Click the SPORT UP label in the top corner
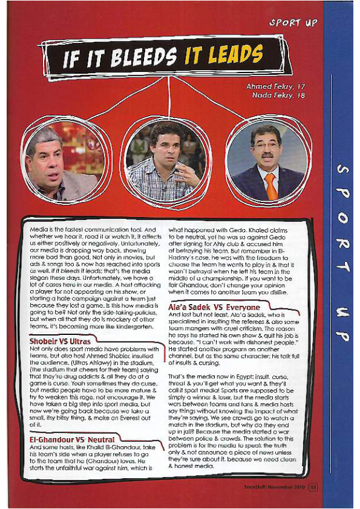pyautogui.click(x=293, y=22)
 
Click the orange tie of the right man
pyautogui.click(x=271, y=184)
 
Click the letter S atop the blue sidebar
pyautogui.click(x=342, y=171)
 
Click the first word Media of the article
pyautogui.click(x=41, y=230)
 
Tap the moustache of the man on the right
pyautogui.click(x=266, y=156)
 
